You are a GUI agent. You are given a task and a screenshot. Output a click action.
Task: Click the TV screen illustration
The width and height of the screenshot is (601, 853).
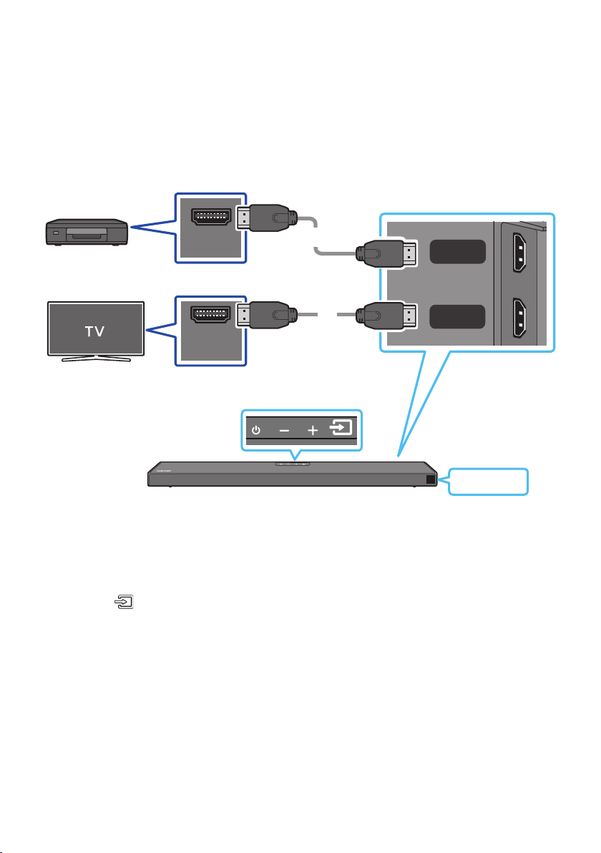(x=96, y=328)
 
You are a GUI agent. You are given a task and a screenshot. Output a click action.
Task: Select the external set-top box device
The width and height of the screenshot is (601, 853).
(x=87, y=233)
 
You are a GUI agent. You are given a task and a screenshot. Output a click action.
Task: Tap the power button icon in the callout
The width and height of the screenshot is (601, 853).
(x=256, y=430)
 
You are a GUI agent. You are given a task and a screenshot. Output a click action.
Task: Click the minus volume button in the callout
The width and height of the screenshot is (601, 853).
(x=284, y=431)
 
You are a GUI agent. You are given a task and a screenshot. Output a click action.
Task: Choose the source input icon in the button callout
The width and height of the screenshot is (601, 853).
(x=341, y=428)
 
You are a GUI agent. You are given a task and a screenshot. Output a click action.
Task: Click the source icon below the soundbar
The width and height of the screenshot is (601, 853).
(x=124, y=602)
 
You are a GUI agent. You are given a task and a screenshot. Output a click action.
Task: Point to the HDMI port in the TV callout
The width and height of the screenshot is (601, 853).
(x=210, y=314)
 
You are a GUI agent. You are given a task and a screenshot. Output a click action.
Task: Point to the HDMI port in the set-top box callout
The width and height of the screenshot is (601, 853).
(x=210, y=218)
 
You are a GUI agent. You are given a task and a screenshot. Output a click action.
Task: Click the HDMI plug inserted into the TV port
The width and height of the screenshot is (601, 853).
(x=266, y=315)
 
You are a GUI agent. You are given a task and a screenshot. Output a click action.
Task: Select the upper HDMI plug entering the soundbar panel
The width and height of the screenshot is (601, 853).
(x=386, y=253)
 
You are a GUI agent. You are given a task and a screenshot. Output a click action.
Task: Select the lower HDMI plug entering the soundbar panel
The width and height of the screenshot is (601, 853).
(x=386, y=316)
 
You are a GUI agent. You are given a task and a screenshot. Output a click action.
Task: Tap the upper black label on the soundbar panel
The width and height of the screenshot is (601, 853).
(x=457, y=252)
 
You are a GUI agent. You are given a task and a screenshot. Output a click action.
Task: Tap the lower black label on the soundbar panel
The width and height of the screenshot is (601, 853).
(x=457, y=316)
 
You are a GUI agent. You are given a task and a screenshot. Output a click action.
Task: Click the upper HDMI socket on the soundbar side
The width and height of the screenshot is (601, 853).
(x=519, y=253)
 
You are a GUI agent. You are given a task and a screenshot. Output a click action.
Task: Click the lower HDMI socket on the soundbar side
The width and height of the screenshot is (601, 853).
(x=519, y=317)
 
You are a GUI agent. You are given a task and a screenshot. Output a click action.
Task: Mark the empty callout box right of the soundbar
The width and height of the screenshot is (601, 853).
(x=488, y=482)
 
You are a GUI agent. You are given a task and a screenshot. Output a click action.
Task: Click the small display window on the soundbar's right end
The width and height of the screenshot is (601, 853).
(x=431, y=479)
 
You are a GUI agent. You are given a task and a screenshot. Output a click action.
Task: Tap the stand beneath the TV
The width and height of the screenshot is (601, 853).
(x=96, y=359)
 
